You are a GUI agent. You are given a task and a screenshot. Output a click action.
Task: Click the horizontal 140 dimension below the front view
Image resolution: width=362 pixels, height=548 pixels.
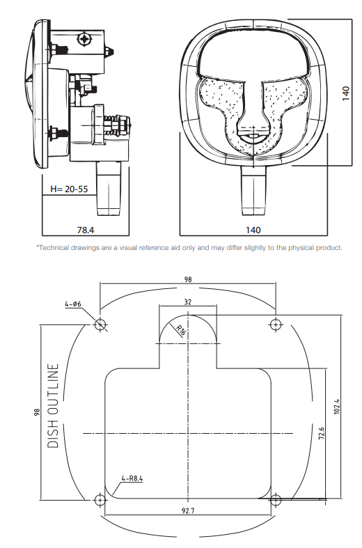(x=253, y=229)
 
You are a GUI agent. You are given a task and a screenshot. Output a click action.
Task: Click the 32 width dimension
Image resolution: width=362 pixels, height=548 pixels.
(x=189, y=302)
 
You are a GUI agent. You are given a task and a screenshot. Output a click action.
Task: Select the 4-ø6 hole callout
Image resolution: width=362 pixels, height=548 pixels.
(x=73, y=304)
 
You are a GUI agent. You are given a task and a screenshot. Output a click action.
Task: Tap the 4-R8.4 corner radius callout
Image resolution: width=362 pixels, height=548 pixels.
(x=132, y=479)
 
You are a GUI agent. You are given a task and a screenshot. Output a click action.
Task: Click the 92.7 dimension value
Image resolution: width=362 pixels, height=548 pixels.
(x=188, y=510)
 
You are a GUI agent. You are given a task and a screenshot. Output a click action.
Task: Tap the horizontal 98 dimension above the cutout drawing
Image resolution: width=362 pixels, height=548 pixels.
(x=188, y=279)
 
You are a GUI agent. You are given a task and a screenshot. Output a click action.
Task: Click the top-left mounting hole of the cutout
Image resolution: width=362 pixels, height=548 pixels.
(x=101, y=324)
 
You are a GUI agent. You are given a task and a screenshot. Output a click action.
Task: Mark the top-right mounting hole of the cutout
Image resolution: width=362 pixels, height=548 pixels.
(x=276, y=324)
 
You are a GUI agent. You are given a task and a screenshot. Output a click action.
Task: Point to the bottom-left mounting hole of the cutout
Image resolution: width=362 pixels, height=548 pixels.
(x=101, y=500)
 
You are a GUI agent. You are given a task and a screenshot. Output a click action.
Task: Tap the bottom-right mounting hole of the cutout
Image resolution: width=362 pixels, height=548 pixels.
(x=276, y=499)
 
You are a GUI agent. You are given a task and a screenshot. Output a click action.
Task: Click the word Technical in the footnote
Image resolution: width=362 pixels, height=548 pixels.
(x=56, y=248)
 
